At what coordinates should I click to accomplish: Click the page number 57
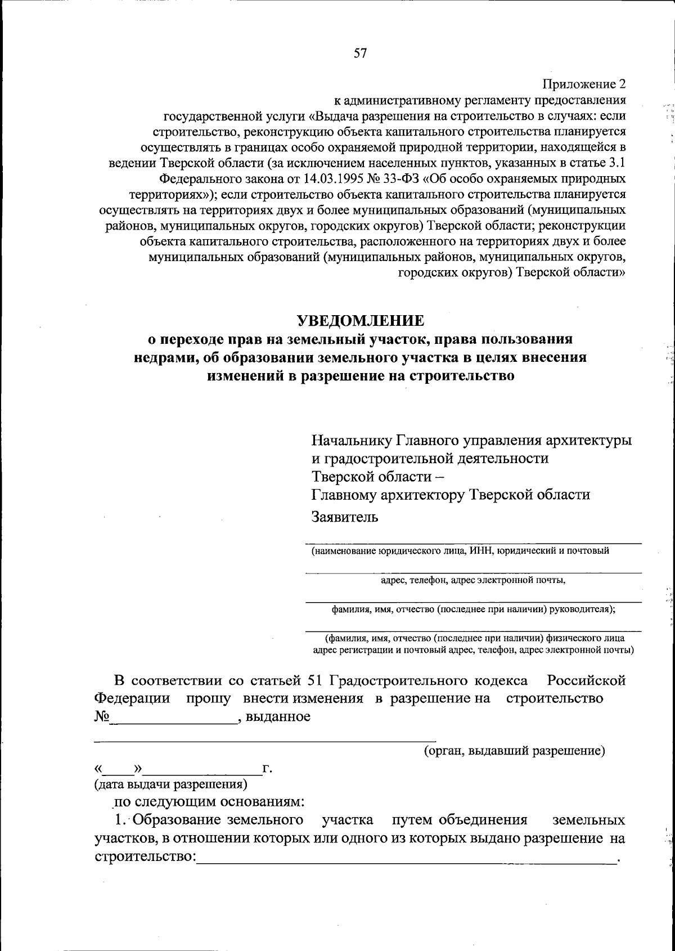(x=360, y=53)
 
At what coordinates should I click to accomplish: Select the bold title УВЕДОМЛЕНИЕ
(x=360, y=321)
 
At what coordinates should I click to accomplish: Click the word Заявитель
(x=345, y=517)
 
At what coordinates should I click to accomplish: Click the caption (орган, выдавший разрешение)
(x=514, y=751)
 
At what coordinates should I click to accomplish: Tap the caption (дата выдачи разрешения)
(x=170, y=783)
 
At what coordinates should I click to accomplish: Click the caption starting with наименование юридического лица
(x=460, y=551)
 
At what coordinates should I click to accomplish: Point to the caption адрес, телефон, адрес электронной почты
(x=472, y=580)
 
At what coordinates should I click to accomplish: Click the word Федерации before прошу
(x=132, y=698)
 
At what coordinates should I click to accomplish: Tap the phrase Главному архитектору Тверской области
(x=451, y=495)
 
